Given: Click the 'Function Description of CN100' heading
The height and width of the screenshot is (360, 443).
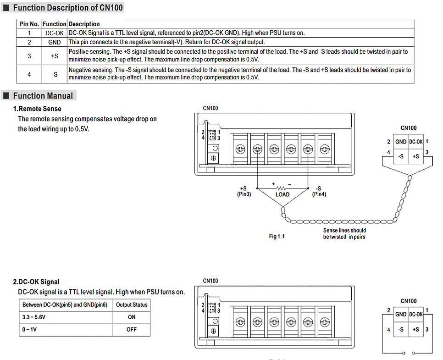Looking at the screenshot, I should pos(68,8).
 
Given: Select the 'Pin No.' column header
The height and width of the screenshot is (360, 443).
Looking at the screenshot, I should pos(29,24).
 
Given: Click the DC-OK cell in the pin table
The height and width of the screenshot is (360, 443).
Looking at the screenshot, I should pos(55,33).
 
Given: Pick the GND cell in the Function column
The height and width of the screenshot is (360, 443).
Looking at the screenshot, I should pos(55,42).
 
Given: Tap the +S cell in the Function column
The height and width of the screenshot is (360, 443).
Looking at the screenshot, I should pos(55,56).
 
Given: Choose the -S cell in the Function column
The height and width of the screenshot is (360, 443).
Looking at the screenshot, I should pos(55,74).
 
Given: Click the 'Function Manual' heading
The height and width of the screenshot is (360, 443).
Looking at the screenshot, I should pos(43,96).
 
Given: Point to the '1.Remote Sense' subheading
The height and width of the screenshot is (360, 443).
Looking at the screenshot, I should pos(37,109).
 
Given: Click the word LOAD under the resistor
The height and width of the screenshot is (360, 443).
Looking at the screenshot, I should pos(282,194).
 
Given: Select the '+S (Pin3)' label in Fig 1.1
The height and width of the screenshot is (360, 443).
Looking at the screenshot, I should pos(243,191).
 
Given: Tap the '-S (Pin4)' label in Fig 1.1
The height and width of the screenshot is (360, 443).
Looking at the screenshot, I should pos(318,191).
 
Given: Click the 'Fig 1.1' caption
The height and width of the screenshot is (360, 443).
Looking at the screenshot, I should pos(277,237).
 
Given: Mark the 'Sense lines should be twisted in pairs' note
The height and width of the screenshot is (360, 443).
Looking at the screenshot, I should pos(344,233).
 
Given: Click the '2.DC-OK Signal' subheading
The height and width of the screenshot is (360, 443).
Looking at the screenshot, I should pos(36,282).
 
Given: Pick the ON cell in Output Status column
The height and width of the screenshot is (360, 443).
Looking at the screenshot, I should pos(132,317).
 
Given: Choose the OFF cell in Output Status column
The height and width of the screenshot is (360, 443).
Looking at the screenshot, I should pos(132,329).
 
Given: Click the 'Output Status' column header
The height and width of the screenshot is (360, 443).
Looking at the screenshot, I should pos(132,305).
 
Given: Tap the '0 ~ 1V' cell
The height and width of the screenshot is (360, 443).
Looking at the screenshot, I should pos(30,329).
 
